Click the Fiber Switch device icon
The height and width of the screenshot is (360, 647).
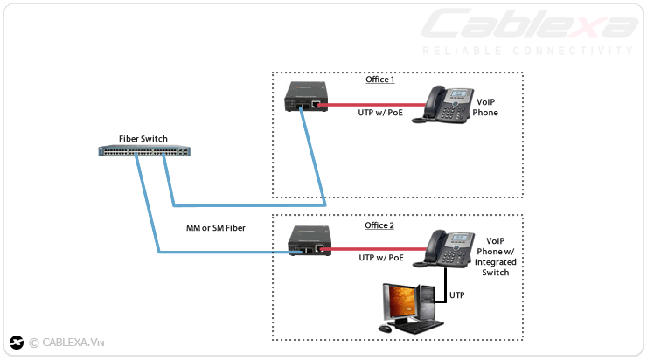pyautogui.click(x=143, y=152)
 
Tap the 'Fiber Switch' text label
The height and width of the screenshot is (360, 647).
pyautogui.click(x=143, y=139)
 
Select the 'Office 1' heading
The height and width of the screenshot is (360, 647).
pyautogui.click(x=379, y=80)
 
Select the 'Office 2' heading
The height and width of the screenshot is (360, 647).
pyautogui.click(x=379, y=225)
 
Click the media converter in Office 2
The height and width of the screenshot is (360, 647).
pyautogui.click(x=308, y=241)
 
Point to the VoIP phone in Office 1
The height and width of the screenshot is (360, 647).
pyautogui.click(x=448, y=102)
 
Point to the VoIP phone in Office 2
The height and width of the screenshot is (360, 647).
pyautogui.click(x=448, y=248)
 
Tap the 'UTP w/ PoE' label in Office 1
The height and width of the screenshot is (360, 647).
pyautogui.click(x=380, y=113)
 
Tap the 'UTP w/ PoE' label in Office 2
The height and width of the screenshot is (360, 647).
pyautogui.click(x=380, y=258)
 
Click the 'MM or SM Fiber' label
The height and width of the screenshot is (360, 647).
pyautogui.click(x=216, y=228)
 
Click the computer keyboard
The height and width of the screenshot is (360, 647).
pyautogui.click(x=411, y=327)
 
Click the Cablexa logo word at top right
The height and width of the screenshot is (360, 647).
pyautogui.click(x=528, y=25)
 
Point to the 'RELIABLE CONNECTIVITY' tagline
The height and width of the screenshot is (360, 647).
pyautogui.click(x=527, y=51)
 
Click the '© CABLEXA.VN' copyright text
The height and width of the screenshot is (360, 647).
pyautogui.click(x=66, y=343)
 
